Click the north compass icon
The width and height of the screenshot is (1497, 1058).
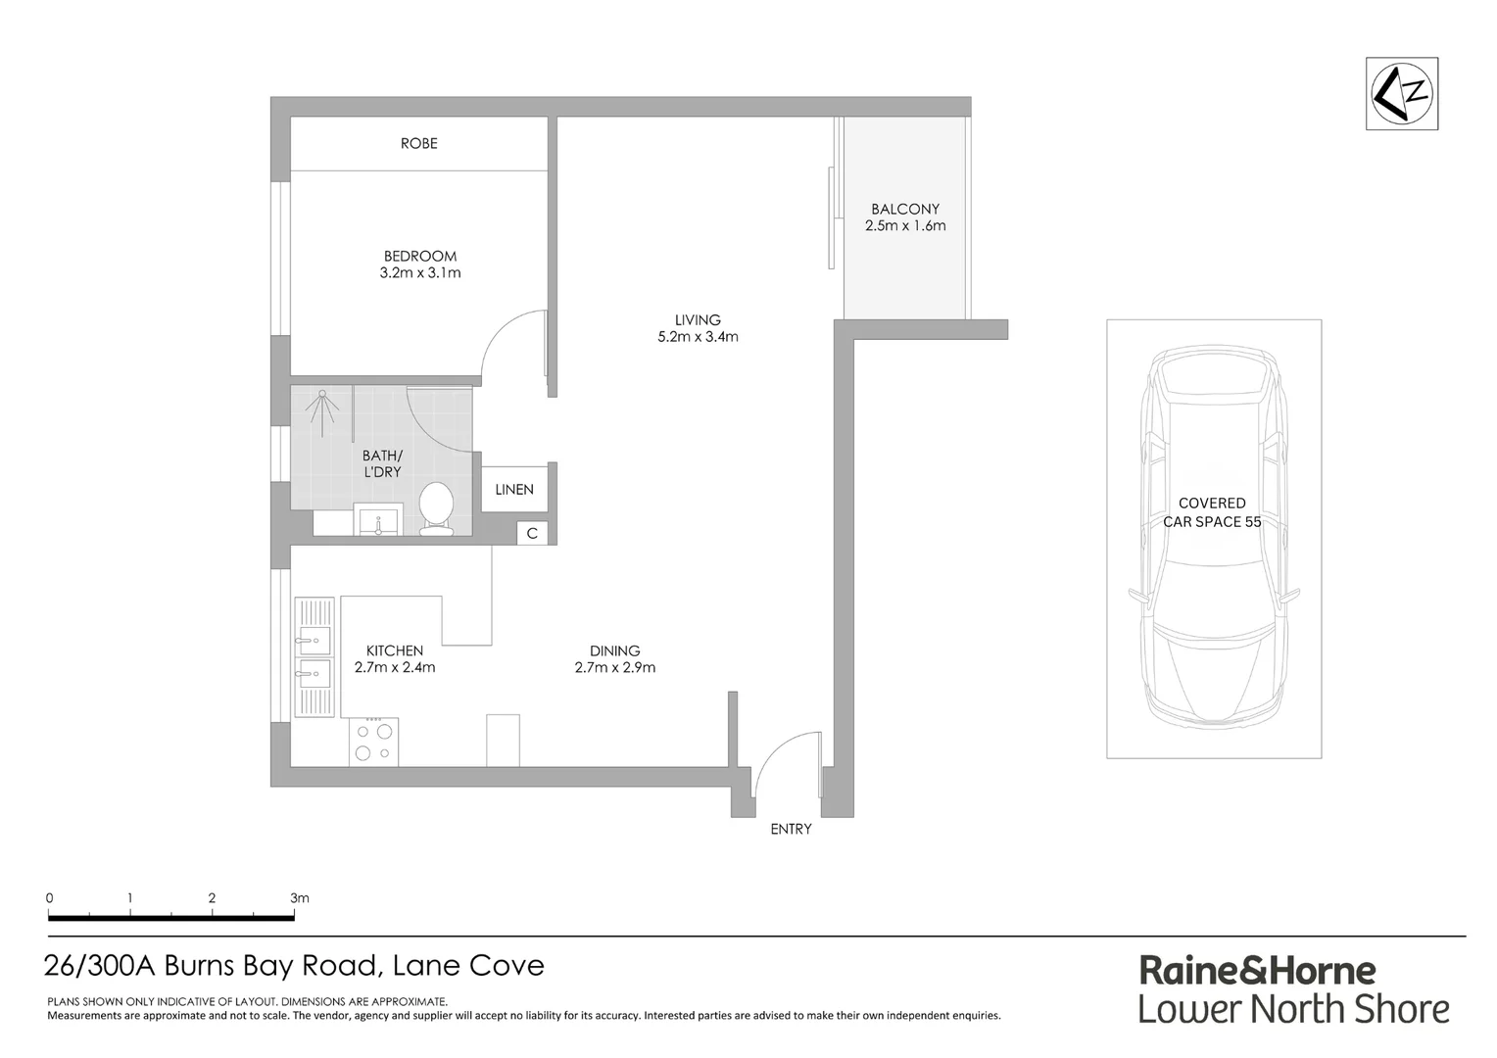tap(1402, 93)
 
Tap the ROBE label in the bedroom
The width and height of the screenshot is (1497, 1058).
tap(418, 143)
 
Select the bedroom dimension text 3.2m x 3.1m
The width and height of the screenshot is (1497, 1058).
tap(419, 273)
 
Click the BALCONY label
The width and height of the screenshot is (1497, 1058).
tap(904, 209)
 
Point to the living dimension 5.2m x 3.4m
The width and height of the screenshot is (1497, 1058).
tap(698, 337)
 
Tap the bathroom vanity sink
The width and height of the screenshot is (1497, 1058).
tap(377, 520)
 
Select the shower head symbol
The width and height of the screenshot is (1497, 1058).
tap(322, 403)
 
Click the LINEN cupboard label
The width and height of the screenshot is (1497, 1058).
tap(514, 490)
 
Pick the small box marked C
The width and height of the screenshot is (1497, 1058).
tap(532, 534)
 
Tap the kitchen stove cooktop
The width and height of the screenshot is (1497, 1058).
tap(373, 742)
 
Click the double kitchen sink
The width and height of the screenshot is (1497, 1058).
tap(314, 657)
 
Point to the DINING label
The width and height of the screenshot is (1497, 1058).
tap(614, 650)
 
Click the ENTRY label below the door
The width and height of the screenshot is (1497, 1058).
tap(791, 829)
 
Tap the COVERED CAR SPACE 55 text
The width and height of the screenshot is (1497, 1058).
tap(1212, 512)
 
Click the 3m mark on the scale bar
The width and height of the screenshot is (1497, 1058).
tap(299, 897)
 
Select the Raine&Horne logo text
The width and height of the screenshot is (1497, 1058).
tap(1257, 970)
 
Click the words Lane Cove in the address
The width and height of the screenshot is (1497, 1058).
tap(467, 966)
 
